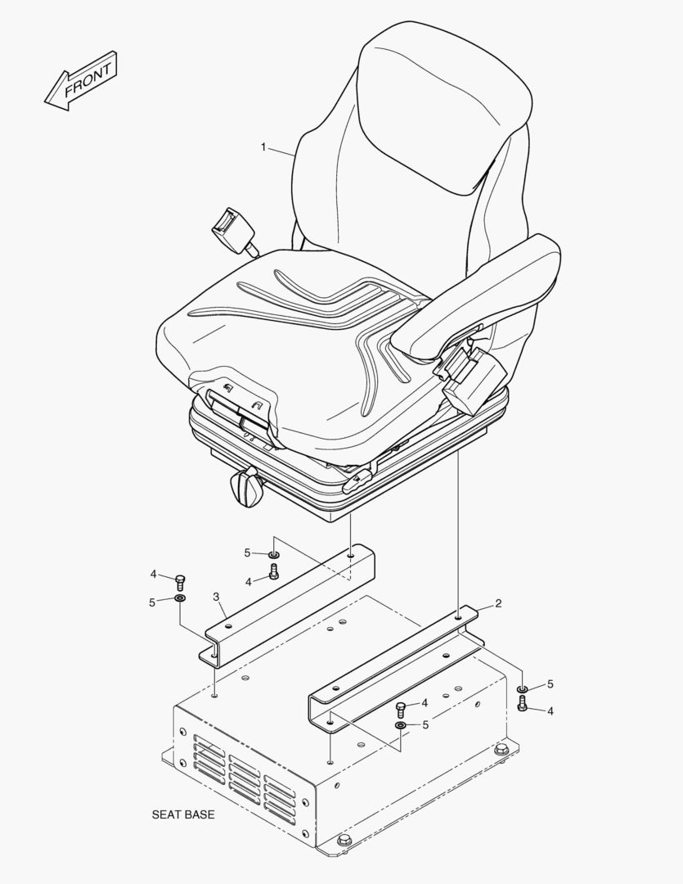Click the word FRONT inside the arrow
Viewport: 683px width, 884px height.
pos(88,79)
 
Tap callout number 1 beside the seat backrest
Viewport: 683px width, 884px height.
pos(263,147)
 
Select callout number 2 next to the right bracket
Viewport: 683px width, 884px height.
pos(498,604)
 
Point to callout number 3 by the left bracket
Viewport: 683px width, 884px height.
pos(216,597)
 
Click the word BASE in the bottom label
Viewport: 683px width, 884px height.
pos(198,814)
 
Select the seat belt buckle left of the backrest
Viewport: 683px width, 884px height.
pos(231,230)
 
